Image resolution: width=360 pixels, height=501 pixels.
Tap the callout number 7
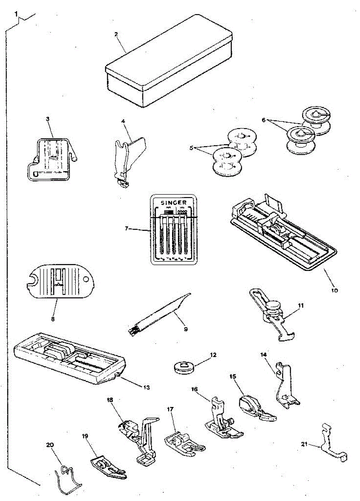127,229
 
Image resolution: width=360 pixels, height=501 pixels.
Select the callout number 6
264,120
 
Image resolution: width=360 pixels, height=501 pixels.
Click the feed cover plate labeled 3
50,159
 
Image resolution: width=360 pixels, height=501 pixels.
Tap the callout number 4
123,121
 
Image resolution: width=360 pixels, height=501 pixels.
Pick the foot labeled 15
254,407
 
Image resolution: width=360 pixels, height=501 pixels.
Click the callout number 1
16,14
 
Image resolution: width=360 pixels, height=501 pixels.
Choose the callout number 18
110,400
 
